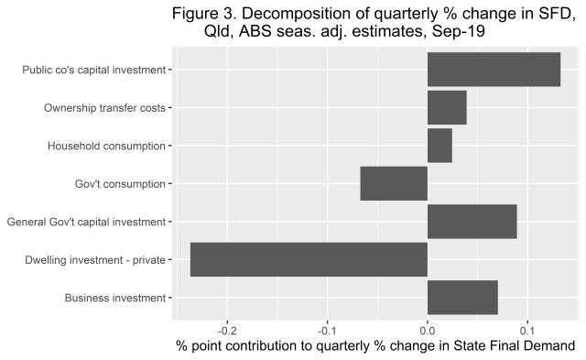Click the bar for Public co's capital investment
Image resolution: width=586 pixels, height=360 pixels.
[494, 70]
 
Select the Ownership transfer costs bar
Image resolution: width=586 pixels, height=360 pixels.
[447, 107]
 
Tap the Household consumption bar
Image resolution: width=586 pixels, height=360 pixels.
[439, 146]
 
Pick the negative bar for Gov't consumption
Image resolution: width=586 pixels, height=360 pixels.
[394, 183]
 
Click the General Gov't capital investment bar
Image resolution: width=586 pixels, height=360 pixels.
[472, 222]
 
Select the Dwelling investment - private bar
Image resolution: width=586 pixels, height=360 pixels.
[309, 259]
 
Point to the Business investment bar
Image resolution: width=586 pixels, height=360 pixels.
[462, 298]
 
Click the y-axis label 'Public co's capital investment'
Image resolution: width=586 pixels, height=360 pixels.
[94, 70]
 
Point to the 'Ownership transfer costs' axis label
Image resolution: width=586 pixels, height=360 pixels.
[104, 108]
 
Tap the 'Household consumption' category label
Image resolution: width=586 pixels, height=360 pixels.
[106, 146]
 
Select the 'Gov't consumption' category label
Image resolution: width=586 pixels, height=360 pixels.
[120, 184]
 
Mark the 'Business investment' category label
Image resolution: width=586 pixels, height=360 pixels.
[115, 298]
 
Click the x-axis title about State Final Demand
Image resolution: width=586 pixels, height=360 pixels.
[374, 346]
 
